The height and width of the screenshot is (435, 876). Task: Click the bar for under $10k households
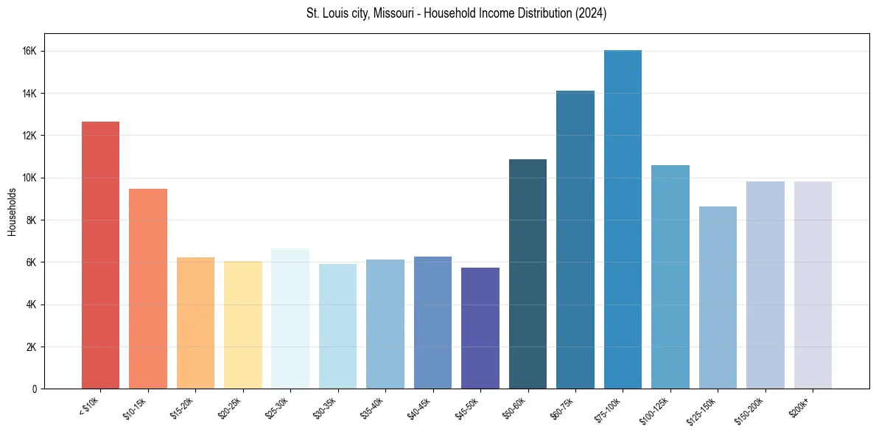pyautogui.click(x=100, y=255)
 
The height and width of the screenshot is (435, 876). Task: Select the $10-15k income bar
pyautogui.click(x=148, y=288)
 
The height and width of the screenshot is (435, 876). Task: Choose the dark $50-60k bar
pyautogui.click(x=528, y=274)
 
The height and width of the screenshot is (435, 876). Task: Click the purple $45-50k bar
pyautogui.click(x=480, y=328)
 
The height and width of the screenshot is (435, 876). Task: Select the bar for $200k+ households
pyautogui.click(x=813, y=285)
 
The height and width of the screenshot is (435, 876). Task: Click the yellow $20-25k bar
pyautogui.click(x=243, y=324)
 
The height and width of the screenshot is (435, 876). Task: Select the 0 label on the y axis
pyautogui.click(x=35, y=389)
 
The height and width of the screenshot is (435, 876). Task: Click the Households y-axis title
pyautogui.click(x=13, y=212)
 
